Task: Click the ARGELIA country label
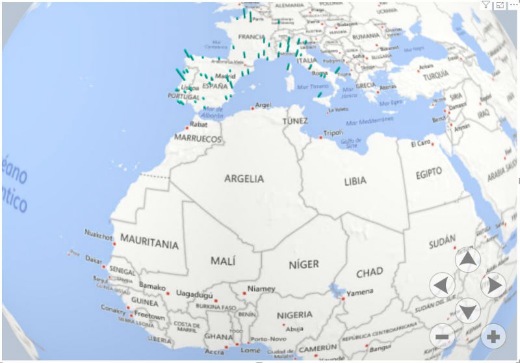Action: click(244, 178)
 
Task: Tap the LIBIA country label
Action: click(355, 181)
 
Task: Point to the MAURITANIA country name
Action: click(149, 245)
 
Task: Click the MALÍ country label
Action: click(223, 260)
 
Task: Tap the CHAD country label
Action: click(369, 272)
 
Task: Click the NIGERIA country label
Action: click(294, 315)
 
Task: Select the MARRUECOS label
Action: click(198, 139)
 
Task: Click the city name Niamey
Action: click(261, 289)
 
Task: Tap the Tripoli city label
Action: click(333, 133)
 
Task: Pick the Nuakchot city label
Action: click(97, 232)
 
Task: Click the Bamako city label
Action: click(152, 286)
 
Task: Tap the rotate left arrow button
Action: click(442, 284)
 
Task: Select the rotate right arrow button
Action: click(493, 284)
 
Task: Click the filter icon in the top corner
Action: click(486, 5)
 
